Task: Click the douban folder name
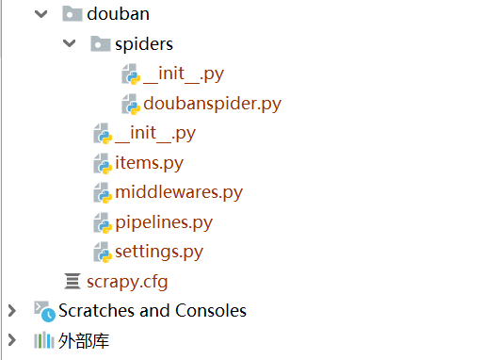[x=118, y=14]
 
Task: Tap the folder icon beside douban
[x=71, y=14]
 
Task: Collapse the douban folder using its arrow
[x=40, y=14]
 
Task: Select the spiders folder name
[x=144, y=44]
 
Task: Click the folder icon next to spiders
[x=100, y=44]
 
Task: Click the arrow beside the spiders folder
[x=69, y=44]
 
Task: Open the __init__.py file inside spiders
[x=184, y=74]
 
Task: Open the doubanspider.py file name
[x=212, y=103]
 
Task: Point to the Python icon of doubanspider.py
[x=131, y=103]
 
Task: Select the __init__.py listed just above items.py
[x=154, y=133]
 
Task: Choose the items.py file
[x=149, y=163]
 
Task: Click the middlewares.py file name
[x=179, y=192]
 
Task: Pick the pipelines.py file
[x=164, y=222]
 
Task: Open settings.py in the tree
[x=159, y=252]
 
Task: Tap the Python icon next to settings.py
[x=102, y=253]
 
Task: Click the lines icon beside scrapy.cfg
[x=72, y=281]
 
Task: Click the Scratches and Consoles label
[x=153, y=310]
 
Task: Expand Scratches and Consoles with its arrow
[x=12, y=310]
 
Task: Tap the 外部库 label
[x=84, y=339]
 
